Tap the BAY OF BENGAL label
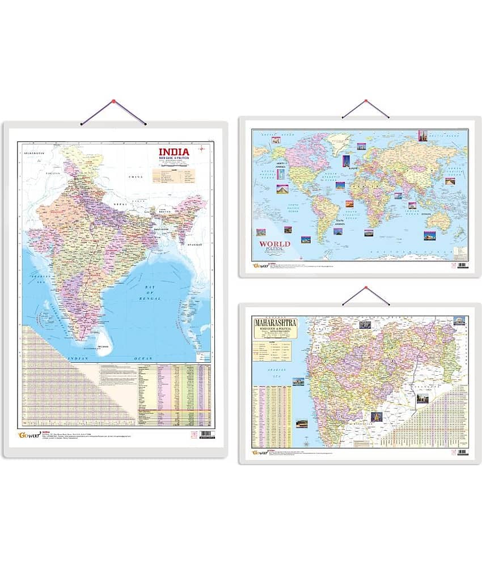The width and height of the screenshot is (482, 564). tap(150, 293)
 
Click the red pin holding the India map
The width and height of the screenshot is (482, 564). tap(113, 102)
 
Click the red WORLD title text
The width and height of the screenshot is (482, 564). tap(274, 244)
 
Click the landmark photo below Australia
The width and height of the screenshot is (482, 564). tap(430, 235)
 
